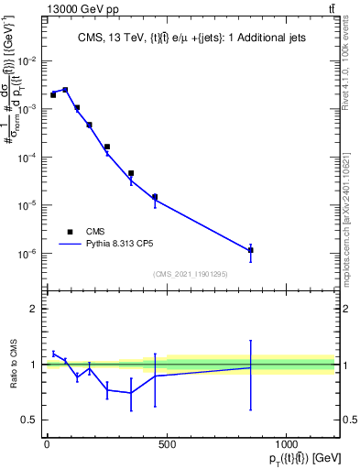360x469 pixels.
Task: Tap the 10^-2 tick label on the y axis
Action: click(27, 61)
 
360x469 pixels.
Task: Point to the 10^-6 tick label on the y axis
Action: click(27, 254)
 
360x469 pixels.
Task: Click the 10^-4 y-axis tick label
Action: click(27, 158)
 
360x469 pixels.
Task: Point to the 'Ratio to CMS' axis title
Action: click(12, 365)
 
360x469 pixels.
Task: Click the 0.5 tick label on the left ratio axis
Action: click(29, 420)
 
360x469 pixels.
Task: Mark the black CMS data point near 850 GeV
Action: click(250, 250)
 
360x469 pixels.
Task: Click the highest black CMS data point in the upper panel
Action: click(65, 90)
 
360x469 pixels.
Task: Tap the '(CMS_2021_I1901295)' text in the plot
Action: click(190, 274)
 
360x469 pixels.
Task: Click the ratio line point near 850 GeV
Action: click(250, 368)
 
